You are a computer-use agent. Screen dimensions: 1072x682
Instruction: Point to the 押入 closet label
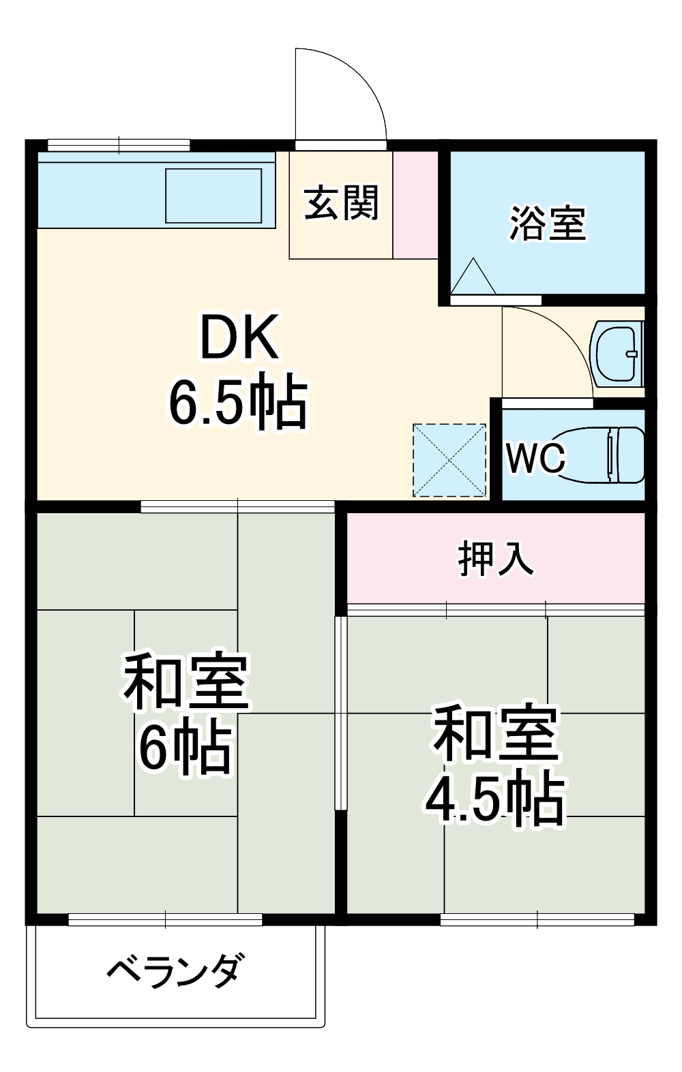tap(495, 559)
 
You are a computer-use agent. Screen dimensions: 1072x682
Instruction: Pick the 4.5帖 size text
tap(495, 799)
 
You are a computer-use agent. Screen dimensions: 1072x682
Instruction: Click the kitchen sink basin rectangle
tap(213, 196)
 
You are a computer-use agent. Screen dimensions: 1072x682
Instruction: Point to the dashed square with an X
tap(449, 460)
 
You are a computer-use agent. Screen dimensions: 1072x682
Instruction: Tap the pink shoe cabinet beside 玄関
tap(415, 204)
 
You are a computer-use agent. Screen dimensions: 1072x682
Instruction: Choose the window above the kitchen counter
tap(119, 144)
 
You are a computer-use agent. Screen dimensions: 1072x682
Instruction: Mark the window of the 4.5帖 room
tap(537, 920)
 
